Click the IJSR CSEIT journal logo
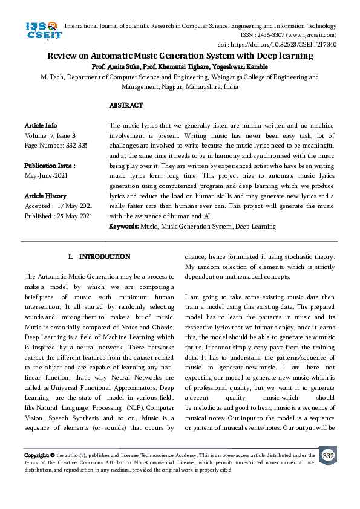point(41,31)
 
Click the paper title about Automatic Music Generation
point(180,56)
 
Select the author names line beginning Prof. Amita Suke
point(180,66)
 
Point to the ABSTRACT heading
point(126,105)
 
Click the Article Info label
point(41,125)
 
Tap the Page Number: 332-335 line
point(56,146)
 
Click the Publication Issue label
point(50,166)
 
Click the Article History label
point(45,196)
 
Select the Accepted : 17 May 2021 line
point(58,206)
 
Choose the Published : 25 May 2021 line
point(58,216)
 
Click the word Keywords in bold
point(124,226)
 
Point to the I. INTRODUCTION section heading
point(99,257)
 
